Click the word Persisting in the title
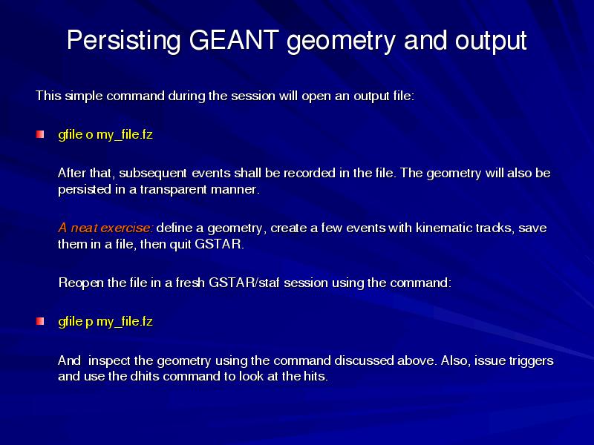(x=124, y=40)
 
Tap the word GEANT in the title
(x=234, y=39)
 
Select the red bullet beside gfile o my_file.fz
(x=40, y=134)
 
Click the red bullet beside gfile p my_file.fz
(x=40, y=321)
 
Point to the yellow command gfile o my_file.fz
(x=105, y=135)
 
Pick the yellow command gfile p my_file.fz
(x=105, y=322)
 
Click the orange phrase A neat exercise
(x=105, y=228)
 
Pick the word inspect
(x=109, y=361)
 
